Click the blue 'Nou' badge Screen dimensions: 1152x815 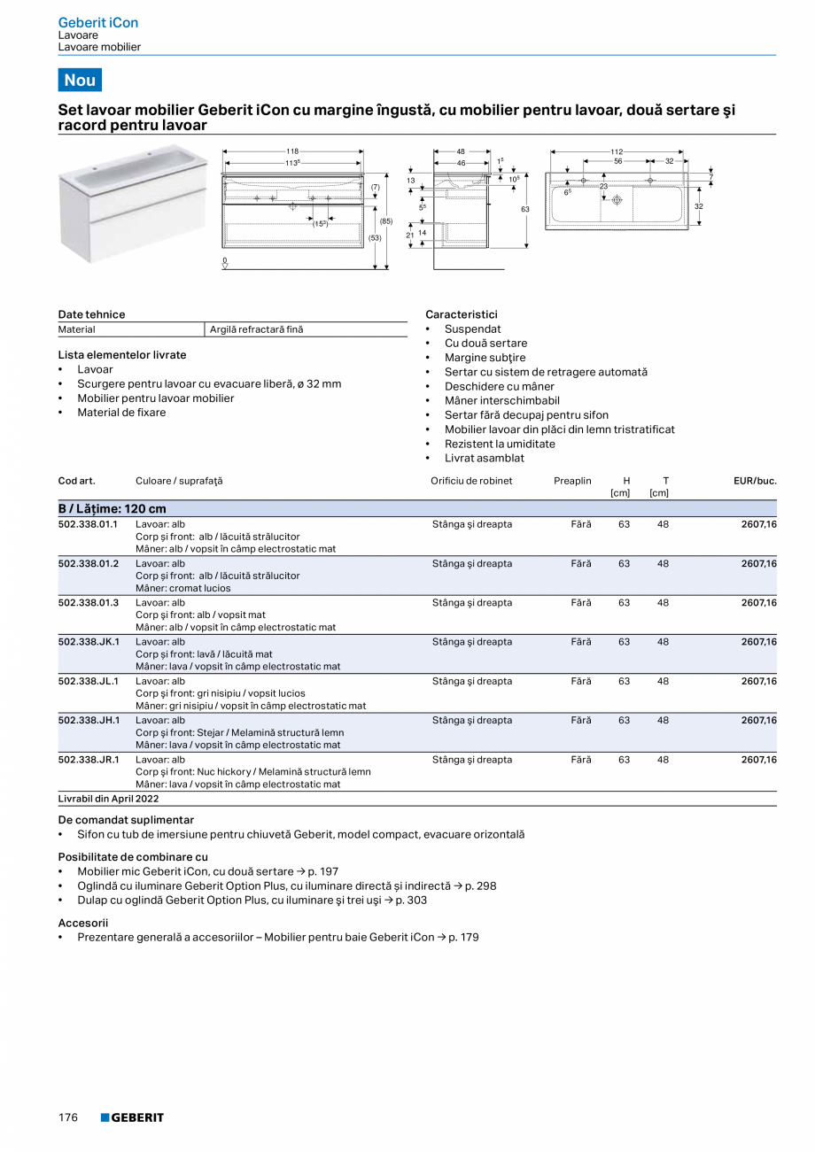(80, 80)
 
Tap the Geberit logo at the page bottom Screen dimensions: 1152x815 (132, 1117)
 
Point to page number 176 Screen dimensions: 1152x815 (68, 1117)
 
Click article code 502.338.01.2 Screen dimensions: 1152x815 (88, 563)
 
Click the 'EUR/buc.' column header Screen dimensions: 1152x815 (755, 481)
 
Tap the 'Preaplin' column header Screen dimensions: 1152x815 (572, 481)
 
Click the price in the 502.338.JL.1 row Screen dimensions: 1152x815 (758, 681)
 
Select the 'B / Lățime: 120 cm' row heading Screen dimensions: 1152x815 (113, 508)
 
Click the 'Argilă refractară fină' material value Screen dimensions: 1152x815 (256, 329)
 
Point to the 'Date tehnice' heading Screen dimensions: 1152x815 (91, 314)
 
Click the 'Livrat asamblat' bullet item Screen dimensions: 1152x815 (484, 458)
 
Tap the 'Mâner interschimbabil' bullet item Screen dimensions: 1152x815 (501, 400)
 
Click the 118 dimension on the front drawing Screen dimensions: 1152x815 (291, 151)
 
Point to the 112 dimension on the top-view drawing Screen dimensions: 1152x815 (617, 151)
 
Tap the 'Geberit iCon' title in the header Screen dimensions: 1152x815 (97, 22)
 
